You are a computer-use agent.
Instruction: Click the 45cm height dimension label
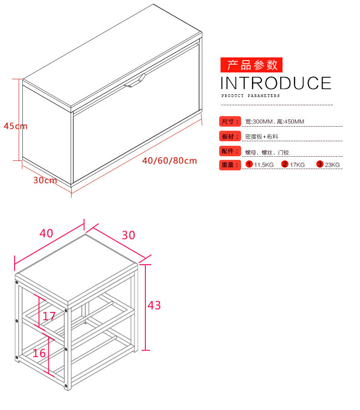[15, 126]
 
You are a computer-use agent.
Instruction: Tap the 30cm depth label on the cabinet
[45, 180]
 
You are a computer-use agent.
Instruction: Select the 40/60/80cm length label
[170, 160]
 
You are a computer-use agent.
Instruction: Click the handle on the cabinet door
[135, 81]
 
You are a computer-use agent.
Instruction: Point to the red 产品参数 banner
[252, 65]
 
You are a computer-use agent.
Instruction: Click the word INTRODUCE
[276, 83]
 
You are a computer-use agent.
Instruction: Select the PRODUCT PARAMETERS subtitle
[250, 96]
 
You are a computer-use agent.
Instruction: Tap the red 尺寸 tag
[230, 122]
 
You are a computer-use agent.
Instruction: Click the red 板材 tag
[230, 136]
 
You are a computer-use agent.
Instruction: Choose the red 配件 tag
[230, 151]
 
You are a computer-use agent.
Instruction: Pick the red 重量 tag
[230, 165]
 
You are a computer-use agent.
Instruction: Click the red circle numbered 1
[249, 164]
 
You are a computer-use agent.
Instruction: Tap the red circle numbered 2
[285, 164]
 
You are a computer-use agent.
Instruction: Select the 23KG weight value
[332, 165]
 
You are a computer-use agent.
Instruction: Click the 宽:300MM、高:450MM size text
[275, 122]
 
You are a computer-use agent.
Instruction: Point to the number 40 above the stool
[46, 233]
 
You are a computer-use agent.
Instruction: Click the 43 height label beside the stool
[154, 305]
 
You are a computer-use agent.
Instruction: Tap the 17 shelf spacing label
[49, 317]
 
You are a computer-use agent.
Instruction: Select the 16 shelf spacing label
[39, 353]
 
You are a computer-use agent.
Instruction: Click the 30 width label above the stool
[129, 236]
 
